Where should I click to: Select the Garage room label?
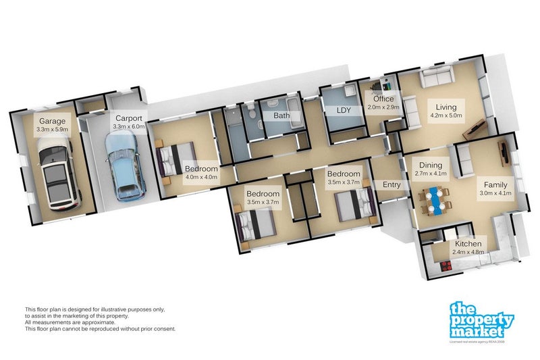pos(51,121)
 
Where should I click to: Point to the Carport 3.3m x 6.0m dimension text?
pos(128,126)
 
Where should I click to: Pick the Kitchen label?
pos(468,244)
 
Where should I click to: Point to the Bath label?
pos(281,115)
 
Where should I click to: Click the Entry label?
pos(391,184)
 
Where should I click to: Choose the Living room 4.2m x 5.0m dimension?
pos(446,116)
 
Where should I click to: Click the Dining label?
pos(431,164)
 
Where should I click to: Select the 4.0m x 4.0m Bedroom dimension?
pos(200,177)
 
